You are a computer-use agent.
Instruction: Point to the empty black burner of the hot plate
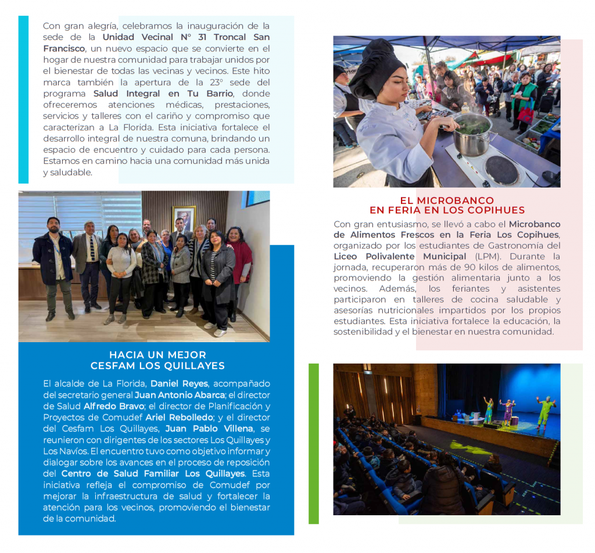coord(501,170)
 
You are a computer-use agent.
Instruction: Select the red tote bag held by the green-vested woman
coord(526,114)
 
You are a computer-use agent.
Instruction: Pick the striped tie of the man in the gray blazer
coord(92,248)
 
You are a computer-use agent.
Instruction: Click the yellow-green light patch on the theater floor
coord(465,447)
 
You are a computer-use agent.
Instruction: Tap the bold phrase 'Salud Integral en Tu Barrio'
coord(163,94)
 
